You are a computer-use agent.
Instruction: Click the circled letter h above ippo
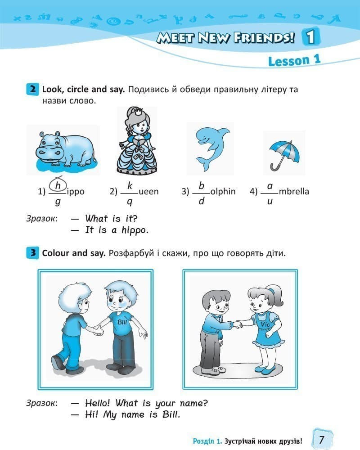[x=58, y=185]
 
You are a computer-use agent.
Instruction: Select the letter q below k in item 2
[x=130, y=202]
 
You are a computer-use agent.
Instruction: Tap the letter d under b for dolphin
[x=201, y=201]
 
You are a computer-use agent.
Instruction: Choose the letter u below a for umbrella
[x=270, y=202]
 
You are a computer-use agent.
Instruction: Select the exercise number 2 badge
[x=32, y=89]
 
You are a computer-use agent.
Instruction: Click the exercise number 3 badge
[x=32, y=253]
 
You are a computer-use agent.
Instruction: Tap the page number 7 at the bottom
[x=322, y=439]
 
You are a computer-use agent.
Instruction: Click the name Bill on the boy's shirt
[x=122, y=322]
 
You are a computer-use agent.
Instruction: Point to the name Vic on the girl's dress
[x=265, y=324]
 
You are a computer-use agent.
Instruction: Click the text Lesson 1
[x=294, y=61]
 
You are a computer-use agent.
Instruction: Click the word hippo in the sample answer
[x=135, y=230]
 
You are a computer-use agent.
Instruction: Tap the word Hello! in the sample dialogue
[x=97, y=403]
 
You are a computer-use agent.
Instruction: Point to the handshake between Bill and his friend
[x=98, y=330]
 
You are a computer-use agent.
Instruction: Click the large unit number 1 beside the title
[x=311, y=37]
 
